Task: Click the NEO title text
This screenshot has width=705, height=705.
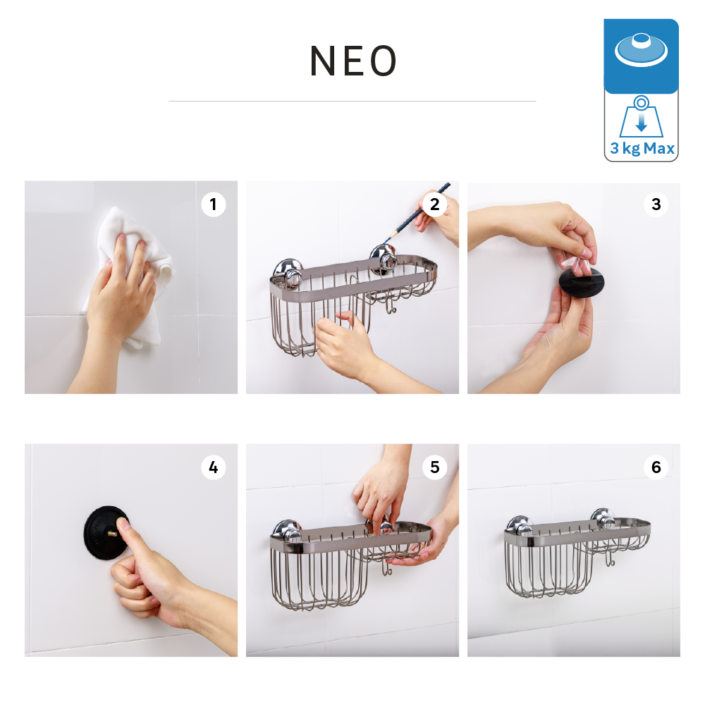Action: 353,61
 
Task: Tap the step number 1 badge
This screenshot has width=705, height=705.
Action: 213,204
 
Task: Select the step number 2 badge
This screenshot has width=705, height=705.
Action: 434,204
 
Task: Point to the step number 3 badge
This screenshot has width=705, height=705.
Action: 656,204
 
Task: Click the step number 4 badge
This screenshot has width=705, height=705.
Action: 213,467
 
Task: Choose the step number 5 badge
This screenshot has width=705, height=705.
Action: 434,467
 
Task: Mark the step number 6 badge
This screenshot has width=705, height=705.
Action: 656,467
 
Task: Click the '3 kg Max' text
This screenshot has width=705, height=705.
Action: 642,148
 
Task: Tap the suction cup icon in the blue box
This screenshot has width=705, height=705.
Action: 641,49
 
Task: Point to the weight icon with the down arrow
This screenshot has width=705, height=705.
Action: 641,117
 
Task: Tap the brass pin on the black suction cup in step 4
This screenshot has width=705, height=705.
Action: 112,534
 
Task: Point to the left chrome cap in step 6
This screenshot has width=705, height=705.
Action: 520,525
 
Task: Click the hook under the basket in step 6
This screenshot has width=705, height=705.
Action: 610,558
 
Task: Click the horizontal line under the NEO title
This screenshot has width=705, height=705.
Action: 352,101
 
